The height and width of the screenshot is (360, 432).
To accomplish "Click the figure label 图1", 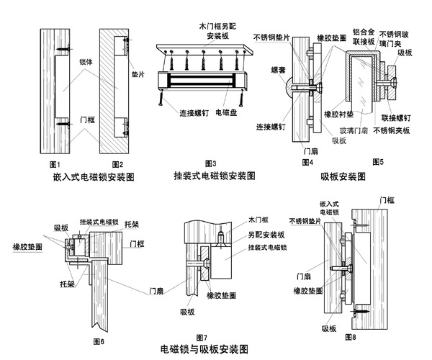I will click(48, 163).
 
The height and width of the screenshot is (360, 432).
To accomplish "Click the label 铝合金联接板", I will click(363, 37).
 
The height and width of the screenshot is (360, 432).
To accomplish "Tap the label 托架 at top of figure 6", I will click(132, 225).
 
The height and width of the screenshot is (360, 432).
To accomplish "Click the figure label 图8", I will click(349, 336).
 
